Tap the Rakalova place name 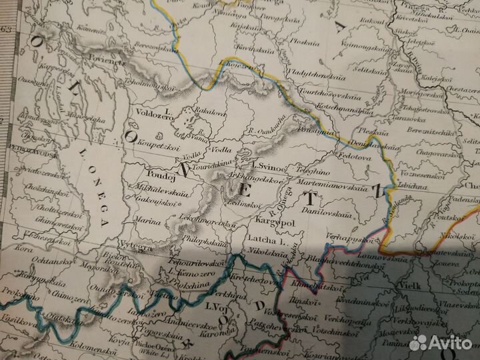click(207, 112)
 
